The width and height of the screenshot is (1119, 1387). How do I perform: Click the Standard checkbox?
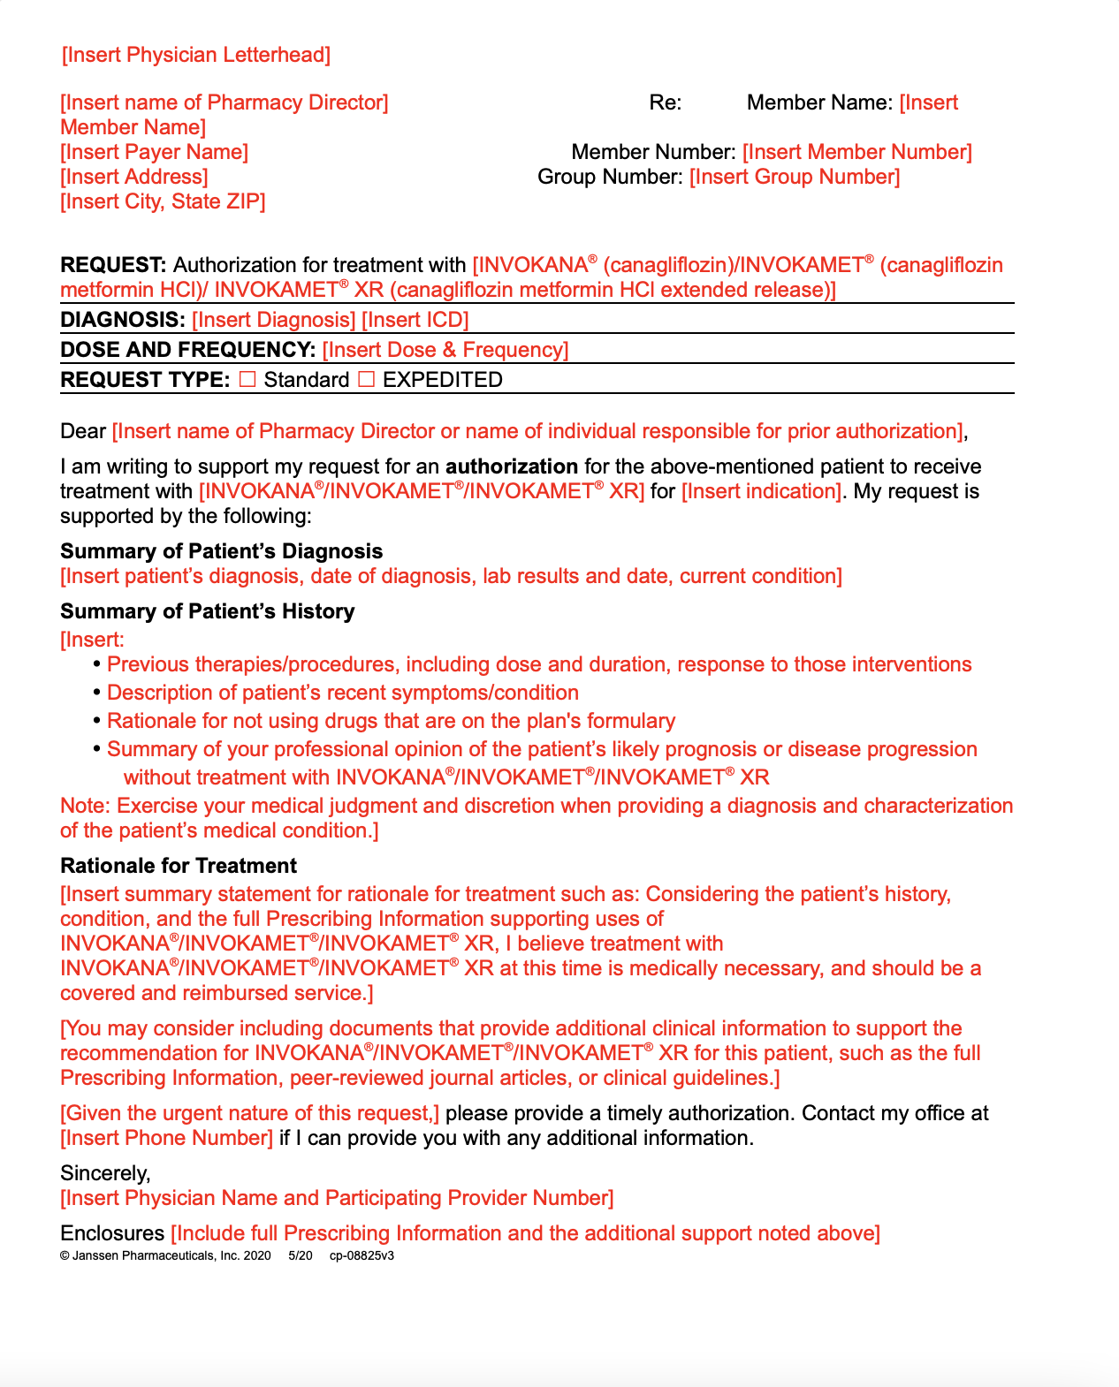point(248,380)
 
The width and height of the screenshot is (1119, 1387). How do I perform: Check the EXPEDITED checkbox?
point(367,380)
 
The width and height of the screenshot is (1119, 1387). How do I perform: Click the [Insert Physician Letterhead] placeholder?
point(196,55)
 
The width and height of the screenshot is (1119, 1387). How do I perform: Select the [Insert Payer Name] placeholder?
point(155,152)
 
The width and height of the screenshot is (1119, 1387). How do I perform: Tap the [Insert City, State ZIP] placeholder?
point(163,201)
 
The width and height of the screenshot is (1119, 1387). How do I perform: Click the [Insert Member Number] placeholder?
point(856,152)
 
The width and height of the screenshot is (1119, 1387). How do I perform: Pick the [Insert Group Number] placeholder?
point(795,177)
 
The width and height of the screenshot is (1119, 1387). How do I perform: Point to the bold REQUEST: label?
point(113,265)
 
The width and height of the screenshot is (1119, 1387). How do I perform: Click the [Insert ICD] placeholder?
point(415,320)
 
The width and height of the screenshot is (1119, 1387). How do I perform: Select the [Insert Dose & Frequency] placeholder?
point(445,350)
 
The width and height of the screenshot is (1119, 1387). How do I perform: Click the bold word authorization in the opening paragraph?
point(512,466)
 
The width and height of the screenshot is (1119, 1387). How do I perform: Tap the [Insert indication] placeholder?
point(761,491)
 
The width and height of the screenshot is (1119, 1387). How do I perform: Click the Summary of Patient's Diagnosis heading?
point(222,551)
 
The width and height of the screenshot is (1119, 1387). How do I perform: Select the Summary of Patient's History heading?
point(208,611)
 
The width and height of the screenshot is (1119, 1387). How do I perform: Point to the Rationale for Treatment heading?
point(179,866)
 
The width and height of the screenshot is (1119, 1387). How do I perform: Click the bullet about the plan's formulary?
point(391,721)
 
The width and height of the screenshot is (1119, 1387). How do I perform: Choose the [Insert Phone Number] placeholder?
point(167,1138)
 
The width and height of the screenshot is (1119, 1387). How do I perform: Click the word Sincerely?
point(105,1173)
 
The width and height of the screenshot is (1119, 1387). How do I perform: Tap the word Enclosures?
point(112,1233)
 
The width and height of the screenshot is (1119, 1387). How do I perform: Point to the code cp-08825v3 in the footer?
point(362,1255)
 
